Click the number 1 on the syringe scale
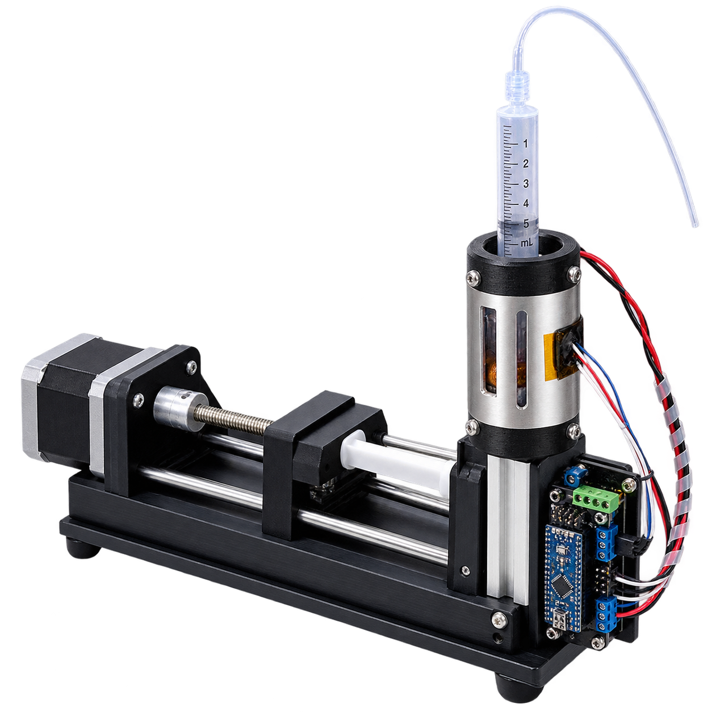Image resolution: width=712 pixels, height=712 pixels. [525, 143]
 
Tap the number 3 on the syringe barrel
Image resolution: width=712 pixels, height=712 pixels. [526, 183]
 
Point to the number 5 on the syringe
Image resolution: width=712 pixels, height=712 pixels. [526, 224]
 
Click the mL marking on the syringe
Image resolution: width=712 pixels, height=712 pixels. [526, 243]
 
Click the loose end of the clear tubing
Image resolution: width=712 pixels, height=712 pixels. [694, 224]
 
